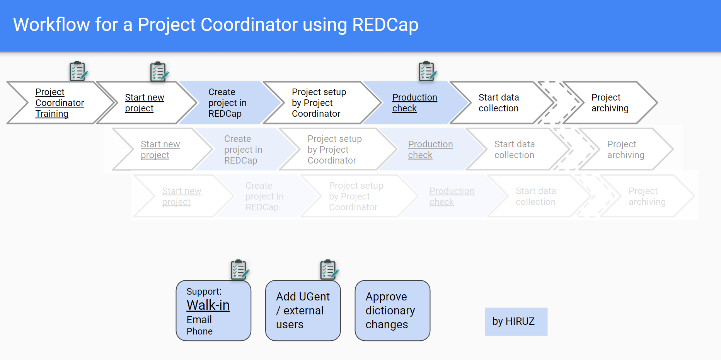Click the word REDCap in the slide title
(385, 25)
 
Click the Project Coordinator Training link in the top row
(60, 103)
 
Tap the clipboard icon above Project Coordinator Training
(78, 71)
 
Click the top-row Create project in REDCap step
(227, 103)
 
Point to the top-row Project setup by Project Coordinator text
(319, 103)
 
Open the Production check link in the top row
(415, 103)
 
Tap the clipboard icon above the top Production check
(428, 71)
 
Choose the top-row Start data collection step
(499, 103)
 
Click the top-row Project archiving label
(610, 103)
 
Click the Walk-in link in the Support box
(208, 305)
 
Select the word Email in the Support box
(199, 320)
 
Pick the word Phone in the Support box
(199, 331)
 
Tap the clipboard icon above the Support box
(240, 270)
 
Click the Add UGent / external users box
(303, 311)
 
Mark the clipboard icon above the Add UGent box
(329, 270)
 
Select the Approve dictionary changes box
(392, 311)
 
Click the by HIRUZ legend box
(516, 322)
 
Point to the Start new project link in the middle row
(160, 150)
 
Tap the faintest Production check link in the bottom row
(452, 196)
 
